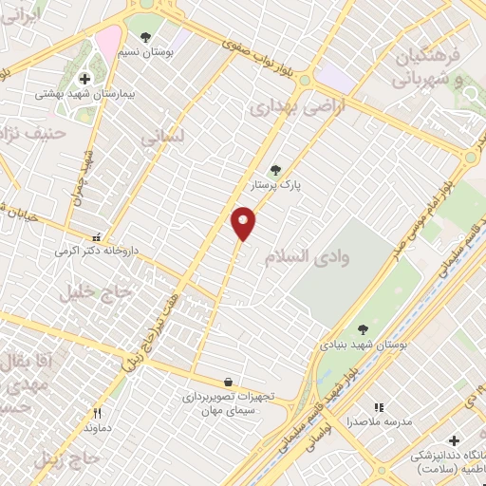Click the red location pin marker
(x=243, y=222)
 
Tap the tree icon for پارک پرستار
(x=275, y=170)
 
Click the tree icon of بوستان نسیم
(x=145, y=37)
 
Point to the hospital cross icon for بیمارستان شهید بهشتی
(x=84, y=79)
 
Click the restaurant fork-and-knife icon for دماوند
(x=96, y=413)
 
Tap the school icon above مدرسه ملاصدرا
(x=379, y=407)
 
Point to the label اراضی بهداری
(x=288, y=108)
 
